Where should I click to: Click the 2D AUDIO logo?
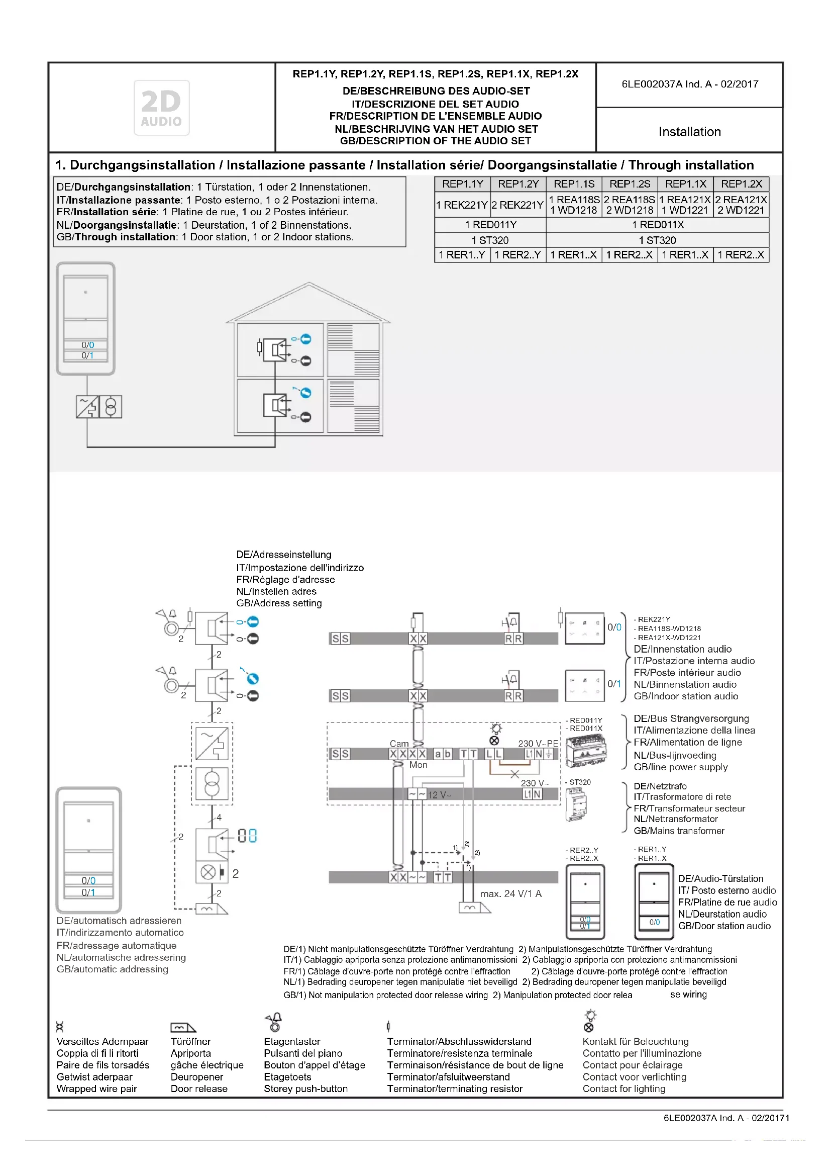tap(161, 108)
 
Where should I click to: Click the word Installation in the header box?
tap(689, 132)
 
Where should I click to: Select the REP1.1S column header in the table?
tap(574, 184)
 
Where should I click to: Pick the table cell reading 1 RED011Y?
tap(490, 225)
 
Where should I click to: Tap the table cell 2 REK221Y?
tap(517, 205)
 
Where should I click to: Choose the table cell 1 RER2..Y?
tap(517, 254)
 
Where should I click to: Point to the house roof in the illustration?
tap(308, 302)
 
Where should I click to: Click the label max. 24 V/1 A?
tap(510, 893)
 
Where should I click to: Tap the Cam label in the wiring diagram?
tap(399, 743)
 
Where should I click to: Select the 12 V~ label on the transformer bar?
tap(439, 795)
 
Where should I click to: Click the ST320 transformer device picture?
tap(577, 804)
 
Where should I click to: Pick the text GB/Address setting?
tap(279, 603)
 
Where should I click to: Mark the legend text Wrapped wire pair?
tap(96, 1089)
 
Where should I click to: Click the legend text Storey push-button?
tap(305, 1089)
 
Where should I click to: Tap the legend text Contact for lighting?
tap(624, 1089)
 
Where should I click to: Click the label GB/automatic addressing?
tap(112, 968)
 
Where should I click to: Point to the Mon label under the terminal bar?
tap(418, 764)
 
